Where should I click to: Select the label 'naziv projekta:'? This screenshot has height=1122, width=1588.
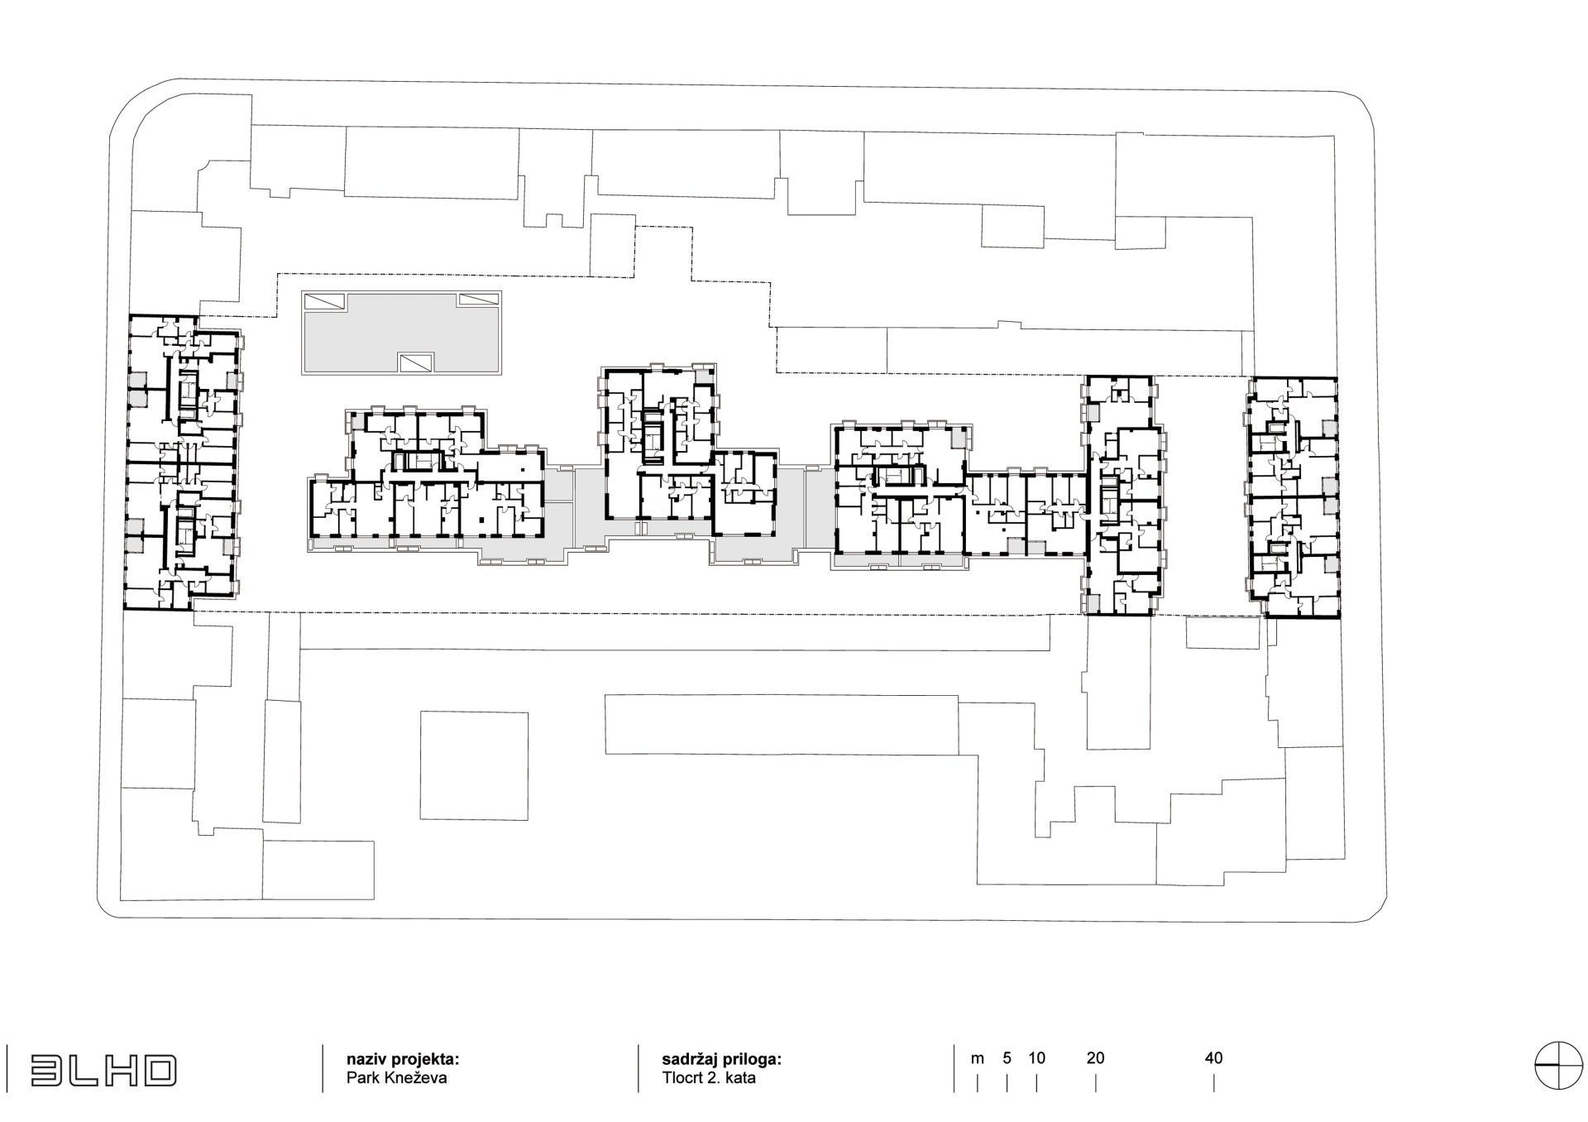click(402, 1059)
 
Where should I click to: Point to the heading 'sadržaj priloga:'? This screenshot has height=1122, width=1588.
click(721, 1059)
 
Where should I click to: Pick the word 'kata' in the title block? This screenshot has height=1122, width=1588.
click(740, 1078)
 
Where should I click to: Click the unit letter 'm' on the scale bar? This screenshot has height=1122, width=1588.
click(978, 1057)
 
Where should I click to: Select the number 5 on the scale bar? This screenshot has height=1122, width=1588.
click(1007, 1057)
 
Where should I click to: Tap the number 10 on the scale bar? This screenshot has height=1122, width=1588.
click(1036, 1057)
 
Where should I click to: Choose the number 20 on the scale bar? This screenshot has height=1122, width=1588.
click(1095, 1057)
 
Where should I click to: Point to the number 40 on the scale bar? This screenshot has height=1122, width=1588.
click(1213, 1057)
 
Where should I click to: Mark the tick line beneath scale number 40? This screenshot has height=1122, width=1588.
click(1214, 1083)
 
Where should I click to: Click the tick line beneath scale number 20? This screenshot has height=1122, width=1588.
click(1095, 1083)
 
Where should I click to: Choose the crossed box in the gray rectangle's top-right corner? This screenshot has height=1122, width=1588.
click(481, 300)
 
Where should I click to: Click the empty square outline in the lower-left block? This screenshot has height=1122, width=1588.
click(474, 765)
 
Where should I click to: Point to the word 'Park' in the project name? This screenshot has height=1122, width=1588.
click(361, 1078)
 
